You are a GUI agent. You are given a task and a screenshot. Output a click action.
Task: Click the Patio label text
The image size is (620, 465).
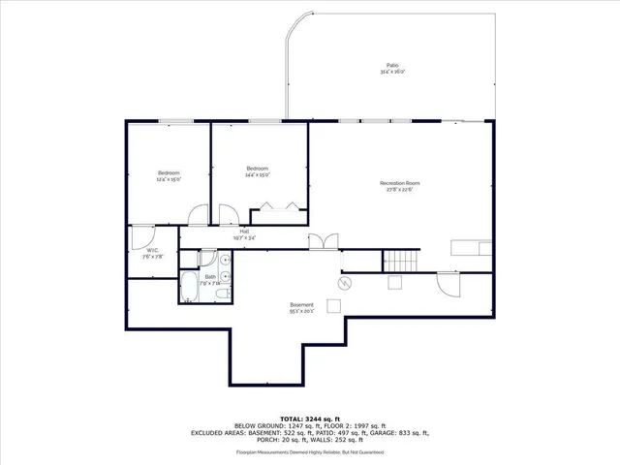click(392, 68)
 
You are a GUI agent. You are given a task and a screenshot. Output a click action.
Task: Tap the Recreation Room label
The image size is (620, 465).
click(399, 186)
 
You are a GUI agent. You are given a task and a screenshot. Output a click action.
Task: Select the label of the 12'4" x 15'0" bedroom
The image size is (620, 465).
click(169, 175)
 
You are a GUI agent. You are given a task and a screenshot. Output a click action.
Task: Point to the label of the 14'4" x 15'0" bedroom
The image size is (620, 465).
click(257, 170)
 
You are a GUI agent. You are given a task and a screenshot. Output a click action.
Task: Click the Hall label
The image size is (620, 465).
click(244, 233)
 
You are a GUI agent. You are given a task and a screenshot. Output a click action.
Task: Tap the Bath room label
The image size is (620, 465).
click(210, 279)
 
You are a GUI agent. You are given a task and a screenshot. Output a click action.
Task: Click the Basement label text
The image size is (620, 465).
click(300, 308)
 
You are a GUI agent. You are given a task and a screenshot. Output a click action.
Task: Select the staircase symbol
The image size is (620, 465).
click(402, 260)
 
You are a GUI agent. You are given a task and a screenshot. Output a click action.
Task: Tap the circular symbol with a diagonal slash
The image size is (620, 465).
click(344, 283)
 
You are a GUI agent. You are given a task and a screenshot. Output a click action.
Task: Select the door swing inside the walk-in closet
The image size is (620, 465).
click(141, 234)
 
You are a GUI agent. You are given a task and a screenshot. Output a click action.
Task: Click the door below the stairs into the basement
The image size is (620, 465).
click(448, 285)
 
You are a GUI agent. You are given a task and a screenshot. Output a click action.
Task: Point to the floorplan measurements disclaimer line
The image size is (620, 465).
click(309, 451)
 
